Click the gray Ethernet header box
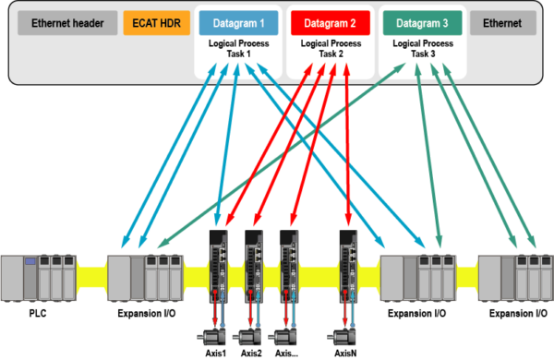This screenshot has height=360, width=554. click(67, 23)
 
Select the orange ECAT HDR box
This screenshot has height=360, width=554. click(157, 23)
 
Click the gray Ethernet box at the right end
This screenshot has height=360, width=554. click(503, 23)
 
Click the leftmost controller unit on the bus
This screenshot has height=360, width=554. click(38, 276)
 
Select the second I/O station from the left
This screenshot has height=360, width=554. click(144, 276)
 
